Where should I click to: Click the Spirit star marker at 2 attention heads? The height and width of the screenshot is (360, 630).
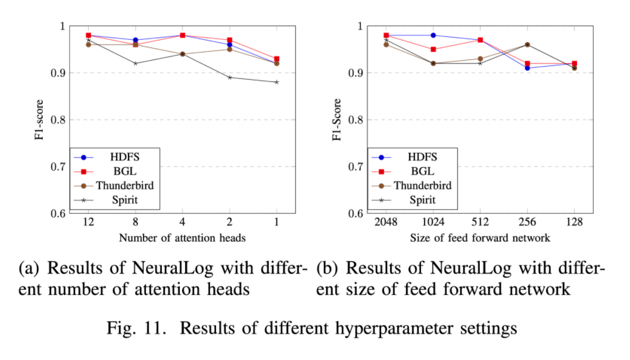[x=230, y=77]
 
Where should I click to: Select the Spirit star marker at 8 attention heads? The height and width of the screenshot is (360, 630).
[x=136, y=63]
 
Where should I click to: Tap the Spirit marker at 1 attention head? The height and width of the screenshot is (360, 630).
[x=277, y=82]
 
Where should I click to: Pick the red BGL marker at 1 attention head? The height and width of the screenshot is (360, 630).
[x=277, y=59]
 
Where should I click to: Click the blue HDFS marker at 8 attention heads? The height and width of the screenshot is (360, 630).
[x=136, y=40]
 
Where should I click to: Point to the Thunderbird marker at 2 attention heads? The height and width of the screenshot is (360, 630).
[x=230, y=49]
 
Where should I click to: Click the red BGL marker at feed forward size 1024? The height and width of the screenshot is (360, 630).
[x=433, y=49]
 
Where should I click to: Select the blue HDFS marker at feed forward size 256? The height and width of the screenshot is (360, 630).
[x=528, y=68]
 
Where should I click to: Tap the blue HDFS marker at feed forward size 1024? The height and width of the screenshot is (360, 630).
[x=433, y=35]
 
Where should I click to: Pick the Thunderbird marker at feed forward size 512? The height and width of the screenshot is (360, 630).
[x=481, y=59]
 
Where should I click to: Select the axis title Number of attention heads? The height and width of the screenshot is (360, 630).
[x=182, y=238]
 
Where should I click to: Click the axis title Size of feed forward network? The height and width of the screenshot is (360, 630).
[x=480, y=238]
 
